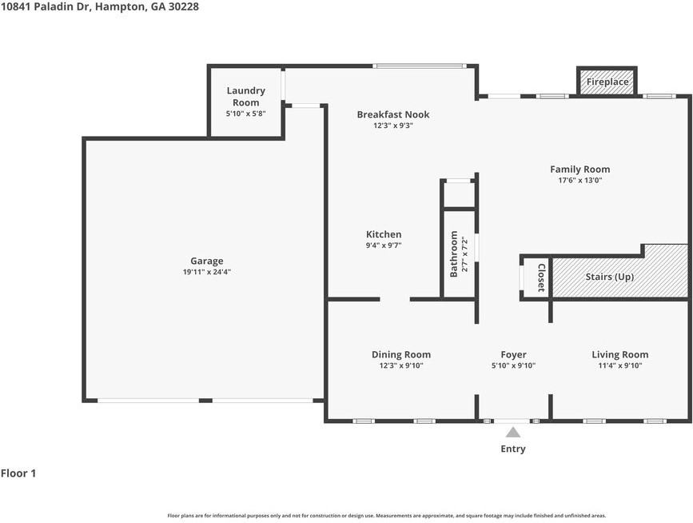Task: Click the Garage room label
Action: (206, 261)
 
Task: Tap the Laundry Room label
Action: (245, 97)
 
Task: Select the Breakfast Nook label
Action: (392, 114)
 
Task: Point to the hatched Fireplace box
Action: (607, 82)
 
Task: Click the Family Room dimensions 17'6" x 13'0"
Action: (579, 181)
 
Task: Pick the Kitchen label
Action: (384, 234)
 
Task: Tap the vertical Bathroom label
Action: (454, 254)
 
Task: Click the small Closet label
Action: (541, 277)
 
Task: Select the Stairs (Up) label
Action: (609, 277)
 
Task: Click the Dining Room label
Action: (400, 354)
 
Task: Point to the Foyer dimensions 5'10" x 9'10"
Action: (513, 365)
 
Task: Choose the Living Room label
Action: (619, 354)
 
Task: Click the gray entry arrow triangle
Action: (513, 432)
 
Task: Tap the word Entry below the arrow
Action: (513, 449)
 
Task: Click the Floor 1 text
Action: (18, 473)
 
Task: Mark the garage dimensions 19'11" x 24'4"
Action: (206, 272)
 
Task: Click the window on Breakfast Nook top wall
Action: (414, 66)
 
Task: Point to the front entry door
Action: (512, 421)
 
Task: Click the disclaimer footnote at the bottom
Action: (386, 516)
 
